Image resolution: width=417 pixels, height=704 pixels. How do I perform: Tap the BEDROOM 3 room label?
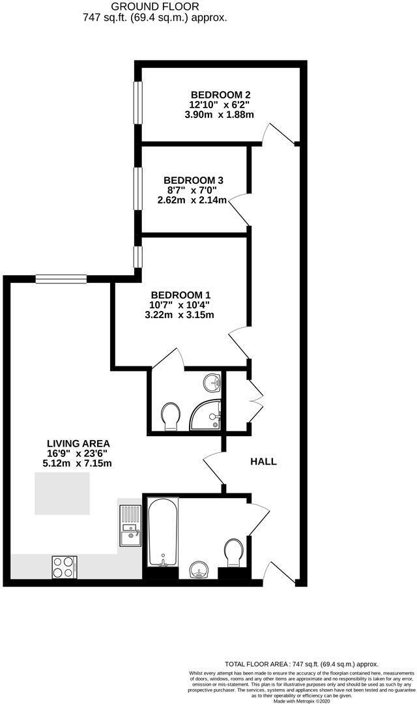[x=194, y=180]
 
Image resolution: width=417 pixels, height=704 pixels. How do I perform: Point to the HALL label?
[x=264, y=462]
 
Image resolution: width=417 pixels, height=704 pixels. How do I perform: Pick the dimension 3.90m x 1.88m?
[x=219, y=114]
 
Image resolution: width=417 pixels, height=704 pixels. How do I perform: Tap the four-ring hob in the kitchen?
[x=64, y=566]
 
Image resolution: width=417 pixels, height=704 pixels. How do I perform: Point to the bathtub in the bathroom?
[x=162, y=532]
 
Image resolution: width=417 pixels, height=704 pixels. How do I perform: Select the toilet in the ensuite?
[x=171, y=415]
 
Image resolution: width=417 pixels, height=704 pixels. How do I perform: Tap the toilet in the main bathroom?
[x=233, y=553]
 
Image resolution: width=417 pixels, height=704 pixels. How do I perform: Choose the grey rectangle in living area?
[x=63, y=494]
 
